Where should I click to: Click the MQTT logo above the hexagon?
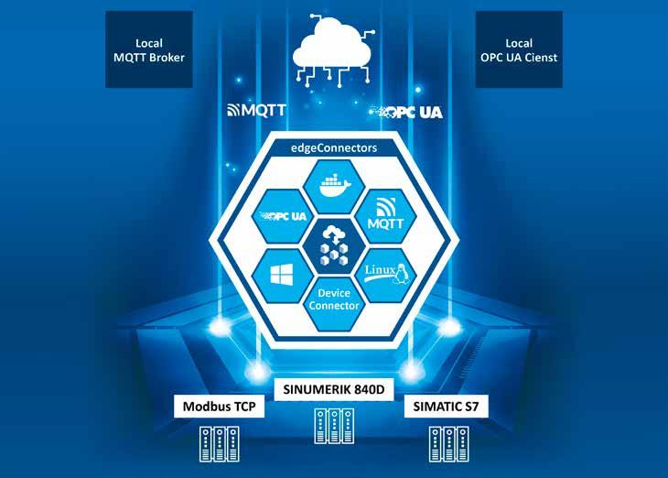coord(257,111)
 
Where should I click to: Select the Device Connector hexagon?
coord(334,299)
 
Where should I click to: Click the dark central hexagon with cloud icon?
coord(334,245)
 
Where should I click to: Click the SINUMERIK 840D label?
coord(333,390)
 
